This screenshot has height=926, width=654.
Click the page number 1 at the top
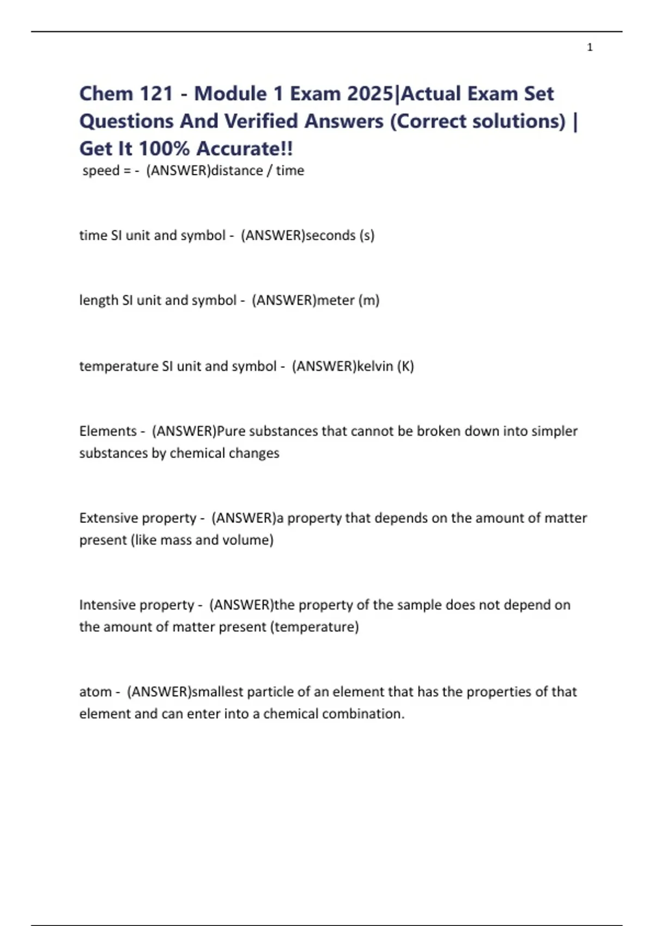(x=590, y=47)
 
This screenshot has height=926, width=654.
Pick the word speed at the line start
(x=101, y=170)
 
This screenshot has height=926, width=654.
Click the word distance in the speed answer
(x=237, y=170)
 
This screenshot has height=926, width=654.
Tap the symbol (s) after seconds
(x=367, y=235)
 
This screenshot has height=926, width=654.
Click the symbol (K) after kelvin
(x=405, y=366)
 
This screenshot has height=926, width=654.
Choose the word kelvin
(x=375, y=366)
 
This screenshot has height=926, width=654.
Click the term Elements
(x=108, y=431)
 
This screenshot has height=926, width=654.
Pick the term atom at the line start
(x=95, y=692)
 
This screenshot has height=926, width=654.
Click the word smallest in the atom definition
(x=218, y=692)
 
